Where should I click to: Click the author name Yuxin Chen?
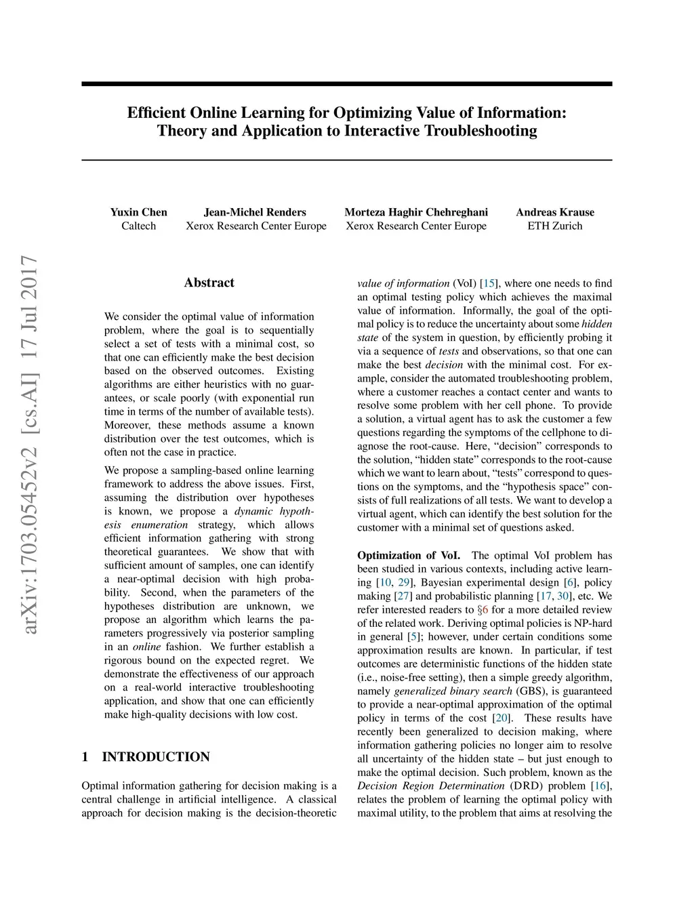click(x=138, y=212)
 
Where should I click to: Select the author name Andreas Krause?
click(x=554, y=212)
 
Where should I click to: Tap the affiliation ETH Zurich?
click(x=554, y=226)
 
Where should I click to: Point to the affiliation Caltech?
click(x=138, y=226)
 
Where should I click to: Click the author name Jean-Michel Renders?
click(x=255, y=212)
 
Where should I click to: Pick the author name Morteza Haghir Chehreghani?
click(x=416, y=212)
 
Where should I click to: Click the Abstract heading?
click(x=209, y=283)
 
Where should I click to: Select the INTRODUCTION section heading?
click(x=156, y=756)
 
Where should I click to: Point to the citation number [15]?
click(x=488, y=283)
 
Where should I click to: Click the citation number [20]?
click(x=501, y=718)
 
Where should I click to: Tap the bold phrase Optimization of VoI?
click(x=409, y=555)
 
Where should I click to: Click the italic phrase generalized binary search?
click(x=453, y=691)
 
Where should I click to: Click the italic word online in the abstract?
click(x=147, y=647)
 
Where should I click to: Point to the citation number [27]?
click(x=403, y=596)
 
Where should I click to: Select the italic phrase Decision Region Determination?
click(x=431, y=785)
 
